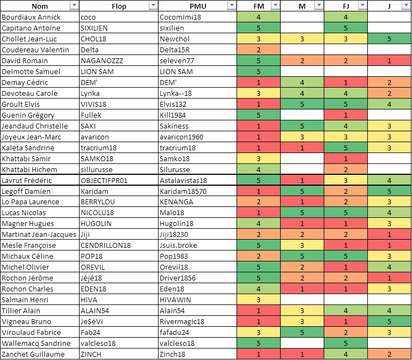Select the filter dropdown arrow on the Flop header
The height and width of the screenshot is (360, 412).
(153, 6)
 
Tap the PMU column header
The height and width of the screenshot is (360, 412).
(197, 6)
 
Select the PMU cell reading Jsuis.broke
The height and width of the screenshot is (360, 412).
(179, 245)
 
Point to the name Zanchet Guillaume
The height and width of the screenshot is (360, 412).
(33, 354)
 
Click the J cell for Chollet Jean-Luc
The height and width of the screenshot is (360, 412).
(389, 39)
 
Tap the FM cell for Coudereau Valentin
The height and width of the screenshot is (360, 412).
(258, 50)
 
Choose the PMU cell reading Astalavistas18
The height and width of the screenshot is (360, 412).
(184, 180)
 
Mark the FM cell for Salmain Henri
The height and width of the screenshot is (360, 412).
(258, 300)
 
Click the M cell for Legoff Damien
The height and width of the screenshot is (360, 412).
(302, 191)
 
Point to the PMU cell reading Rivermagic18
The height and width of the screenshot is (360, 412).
(182, 321)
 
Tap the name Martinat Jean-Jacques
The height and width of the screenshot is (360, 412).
(39, 234)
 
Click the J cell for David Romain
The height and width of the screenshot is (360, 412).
(389, 60)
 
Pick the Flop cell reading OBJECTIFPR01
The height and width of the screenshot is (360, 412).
(104, 180)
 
